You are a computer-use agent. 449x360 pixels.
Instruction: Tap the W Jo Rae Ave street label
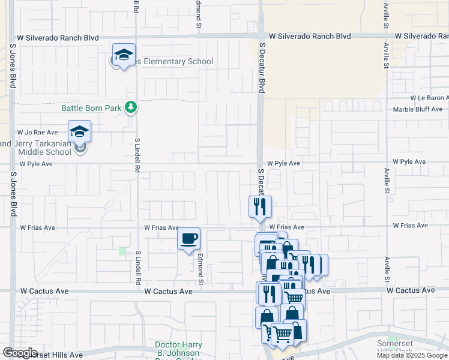(38, 132)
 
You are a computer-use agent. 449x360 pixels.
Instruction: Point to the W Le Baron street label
(429, 98)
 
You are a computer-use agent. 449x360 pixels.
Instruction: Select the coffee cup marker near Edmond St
(188, 239)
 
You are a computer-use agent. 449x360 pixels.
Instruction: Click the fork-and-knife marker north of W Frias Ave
(260, 207)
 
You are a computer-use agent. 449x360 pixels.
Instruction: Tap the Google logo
(20, 353)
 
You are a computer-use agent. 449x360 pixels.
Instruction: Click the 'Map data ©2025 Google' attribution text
(412, 355)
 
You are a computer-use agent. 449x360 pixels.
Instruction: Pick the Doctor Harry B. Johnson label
(187, 345)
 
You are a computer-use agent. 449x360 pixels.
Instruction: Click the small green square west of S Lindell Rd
(122, 251)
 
